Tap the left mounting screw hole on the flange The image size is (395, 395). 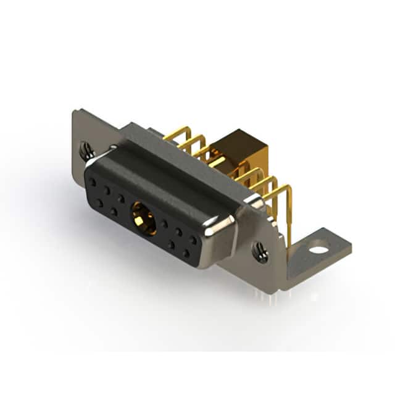pyautogui.click(x=86, y=148)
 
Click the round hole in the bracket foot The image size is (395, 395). pyautogui.click(x=318, y=250)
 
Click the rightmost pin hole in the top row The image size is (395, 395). pyautogui.click(x=193, y=240)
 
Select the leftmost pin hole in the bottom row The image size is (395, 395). pyautogui.click(x=99, y=202)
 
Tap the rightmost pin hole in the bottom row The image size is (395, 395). pyautogui.click(x=186, y=253)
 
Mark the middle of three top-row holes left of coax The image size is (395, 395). pyautogui.click(x=107, y=190)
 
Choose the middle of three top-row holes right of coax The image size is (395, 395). pyautogui.click(x=179, y=232)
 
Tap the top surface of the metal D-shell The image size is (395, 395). pyautogui.click(x=179, y=167)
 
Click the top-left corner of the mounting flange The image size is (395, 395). pyautogui.click(x=75, y=112)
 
